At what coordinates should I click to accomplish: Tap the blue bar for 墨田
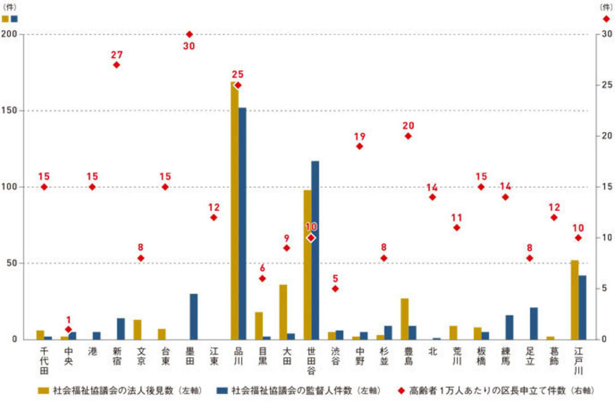pyautogui.click(x=194, y=317)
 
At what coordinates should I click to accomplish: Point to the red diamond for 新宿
pyautogui.click(x=117, y=65)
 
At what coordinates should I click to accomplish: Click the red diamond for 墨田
pyautogui.click(x=189, y=34)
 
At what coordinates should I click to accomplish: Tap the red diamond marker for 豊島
pyautogui.click(x=408, y=136)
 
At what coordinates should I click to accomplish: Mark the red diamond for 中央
pyautogui.click(x=68, y=329)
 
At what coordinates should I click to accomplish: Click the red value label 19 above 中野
pyautogui.click(x=360, y=136)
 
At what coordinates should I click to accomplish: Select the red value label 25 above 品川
pyautogui.click(x=238, y=75)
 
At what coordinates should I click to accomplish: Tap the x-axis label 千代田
pyautogui.click(x=44, y=360)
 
